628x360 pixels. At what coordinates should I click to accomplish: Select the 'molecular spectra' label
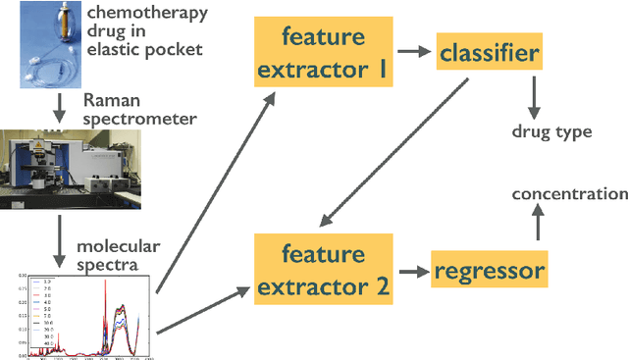click(x=118, y=255)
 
